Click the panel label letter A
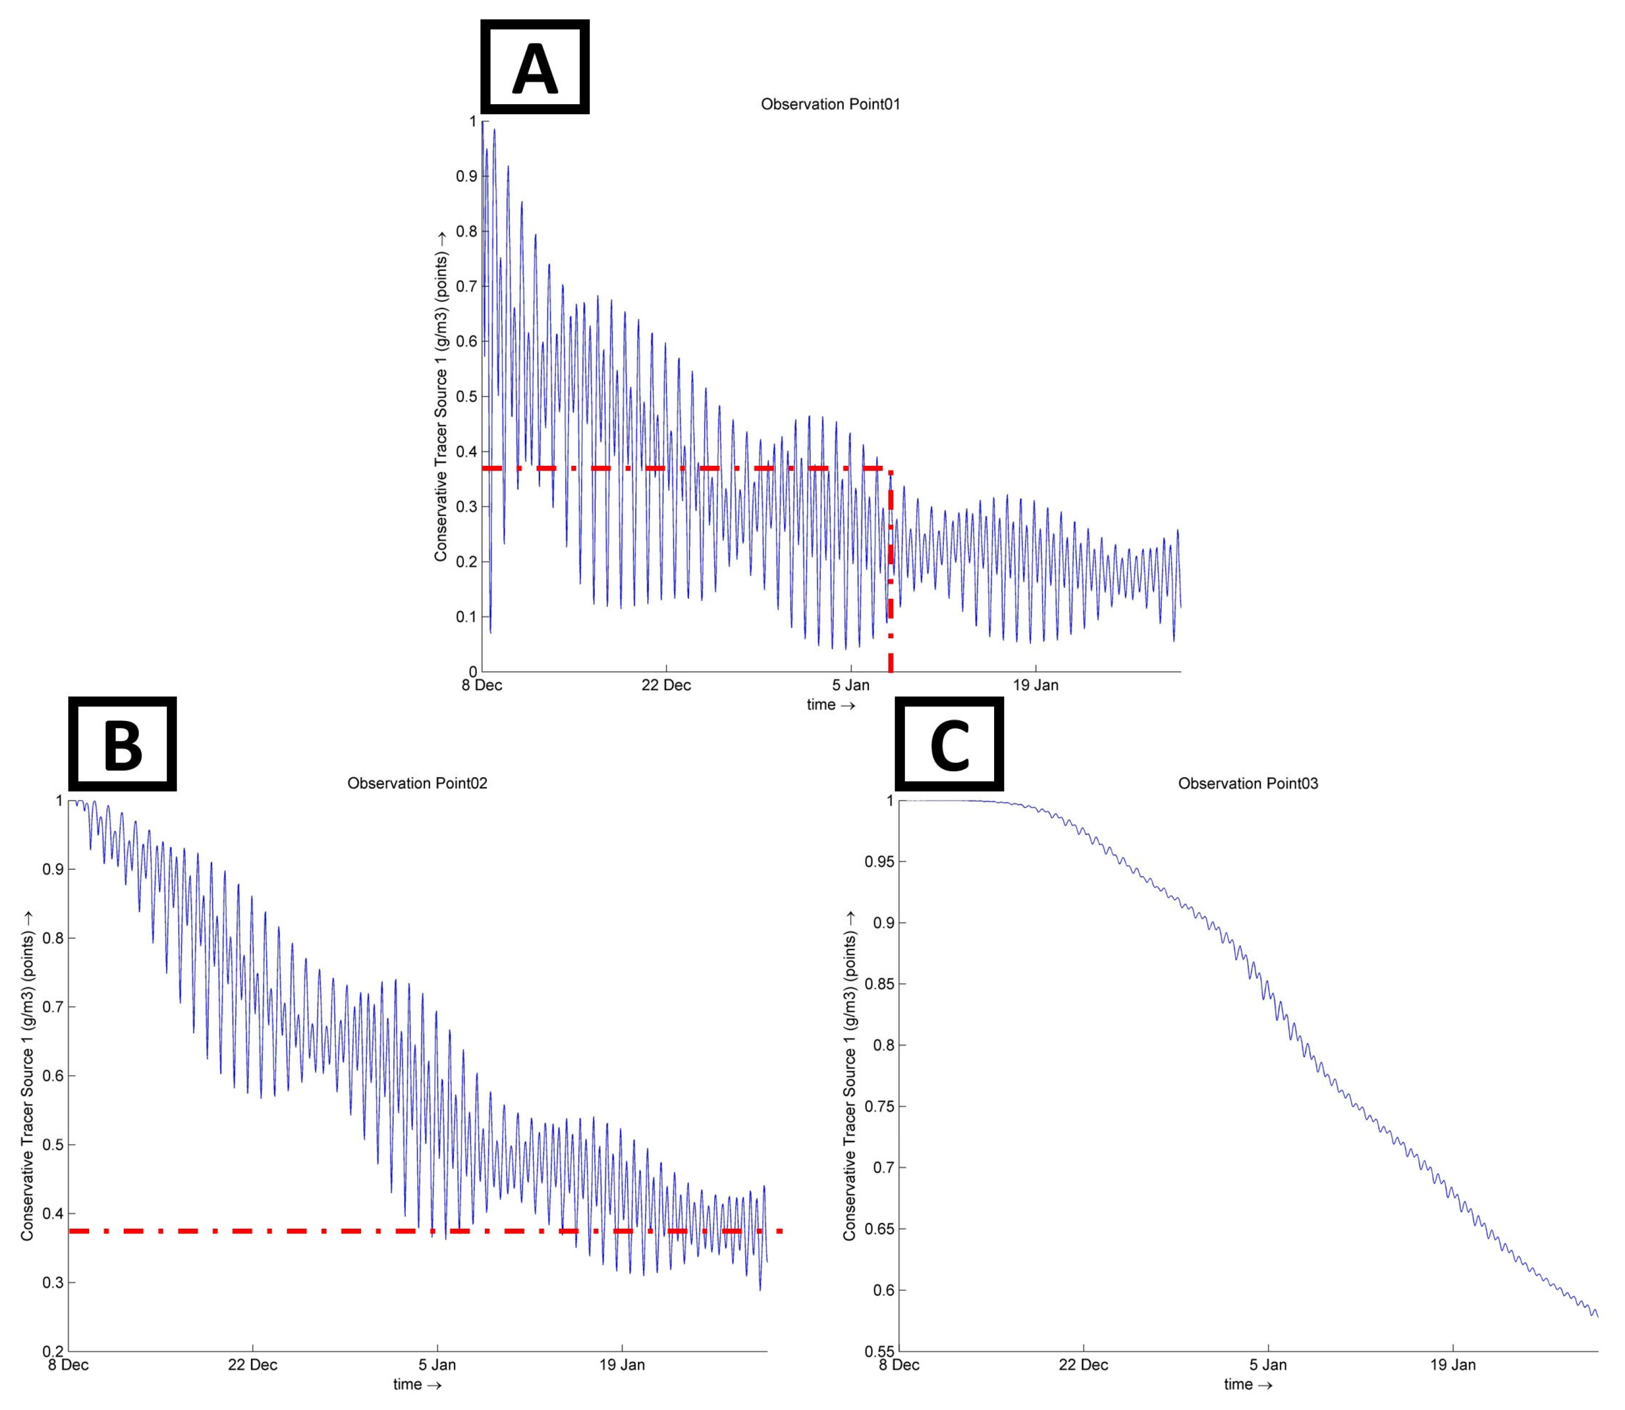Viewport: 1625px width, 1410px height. pyautogui.click(x=535, y=68)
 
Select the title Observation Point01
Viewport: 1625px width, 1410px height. pyautogui.click(x=830, y=104)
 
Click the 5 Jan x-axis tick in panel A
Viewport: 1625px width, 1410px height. pyautogui.click(x=850, y=684)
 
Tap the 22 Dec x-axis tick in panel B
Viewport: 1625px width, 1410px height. pyautogui.click(x=253, y=1364)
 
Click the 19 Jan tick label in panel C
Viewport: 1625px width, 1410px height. pyautogui.click(x=1453, y=1364)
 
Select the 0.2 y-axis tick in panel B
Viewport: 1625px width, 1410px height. pyautogui.click(x=53, y=1351)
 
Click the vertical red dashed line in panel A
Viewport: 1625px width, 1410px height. pyautogui.click(x=891, y=574)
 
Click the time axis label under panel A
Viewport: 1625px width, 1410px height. pyautogui.click(x=830, y=705)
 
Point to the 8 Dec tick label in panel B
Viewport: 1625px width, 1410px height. pyautogui.click(x=69, y=1364)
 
